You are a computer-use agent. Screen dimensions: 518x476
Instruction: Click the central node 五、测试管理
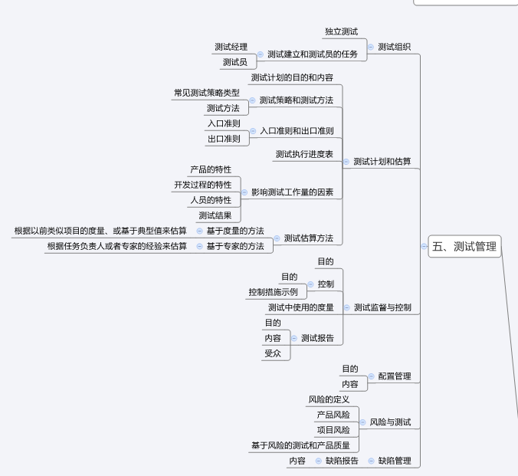coord(464,247)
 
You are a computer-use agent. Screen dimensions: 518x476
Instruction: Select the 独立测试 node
coord(341,31)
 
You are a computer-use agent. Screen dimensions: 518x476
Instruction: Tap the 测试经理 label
coord(231,47)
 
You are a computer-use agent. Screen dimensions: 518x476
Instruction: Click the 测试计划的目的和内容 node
coord(291,77)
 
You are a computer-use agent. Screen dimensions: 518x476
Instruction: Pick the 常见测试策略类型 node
coord(206,93)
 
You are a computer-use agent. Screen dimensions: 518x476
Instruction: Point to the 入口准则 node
coord(223,123)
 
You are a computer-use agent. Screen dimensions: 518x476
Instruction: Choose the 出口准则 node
coord(223,139)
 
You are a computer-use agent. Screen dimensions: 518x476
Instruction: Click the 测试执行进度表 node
coord(304,154)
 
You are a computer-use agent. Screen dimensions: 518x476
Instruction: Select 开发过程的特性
coord(202,185)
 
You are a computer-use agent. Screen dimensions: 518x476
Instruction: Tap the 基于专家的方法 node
coord(234,246)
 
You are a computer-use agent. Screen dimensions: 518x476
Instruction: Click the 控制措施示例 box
coord(272,292)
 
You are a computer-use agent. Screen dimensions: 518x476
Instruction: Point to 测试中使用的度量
coord(300,307)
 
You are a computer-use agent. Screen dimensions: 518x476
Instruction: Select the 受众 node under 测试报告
coord(273,353)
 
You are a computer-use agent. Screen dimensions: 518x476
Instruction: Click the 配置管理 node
coord(394,376)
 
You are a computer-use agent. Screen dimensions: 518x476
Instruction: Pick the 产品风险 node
coord(333,415)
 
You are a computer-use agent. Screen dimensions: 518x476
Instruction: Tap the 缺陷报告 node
coord(342,461)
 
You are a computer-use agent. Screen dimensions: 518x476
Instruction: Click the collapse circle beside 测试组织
coord(371,47)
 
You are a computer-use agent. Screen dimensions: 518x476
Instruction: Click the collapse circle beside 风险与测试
coord(363,422)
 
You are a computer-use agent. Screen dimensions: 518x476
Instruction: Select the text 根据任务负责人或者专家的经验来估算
coord(116,246)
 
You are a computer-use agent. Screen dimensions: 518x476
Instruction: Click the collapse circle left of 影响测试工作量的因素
coord(244,192)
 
